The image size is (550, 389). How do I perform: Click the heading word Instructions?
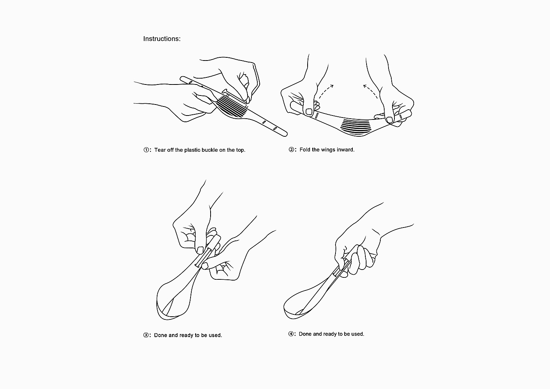pyautogui.click(x=162, y=39)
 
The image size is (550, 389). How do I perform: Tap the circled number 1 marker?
pyautogui.click(x=146, y=150)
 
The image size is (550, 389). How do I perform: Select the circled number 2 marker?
pyautogui.click(x=291, y=150)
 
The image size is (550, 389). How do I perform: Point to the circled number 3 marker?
pyautogui.click(x=146, y=335)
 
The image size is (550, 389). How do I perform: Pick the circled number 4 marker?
pyautogui.click(x=291, y=334)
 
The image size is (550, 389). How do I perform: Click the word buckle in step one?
pyautogui.click(x=210, y=150)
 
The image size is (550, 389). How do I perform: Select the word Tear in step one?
pyautogui.click(x=160, y=150)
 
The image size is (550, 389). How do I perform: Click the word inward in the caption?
pyautogui.click(x=346, y=150)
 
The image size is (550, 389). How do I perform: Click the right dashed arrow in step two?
pyautogui.click(x=371, y=91)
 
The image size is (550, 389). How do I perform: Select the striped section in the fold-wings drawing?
pyautogui.click(x=356, y=126)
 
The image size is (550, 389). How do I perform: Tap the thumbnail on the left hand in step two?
pyautogui.click(x=309, y=112)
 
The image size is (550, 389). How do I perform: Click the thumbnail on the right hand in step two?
pyautogui.click(x=389, y=120)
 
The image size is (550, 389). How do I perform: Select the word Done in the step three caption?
pyautogui.click(x=161, y=335)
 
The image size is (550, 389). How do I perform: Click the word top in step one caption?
pyautogui.click(x=240, y=150)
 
